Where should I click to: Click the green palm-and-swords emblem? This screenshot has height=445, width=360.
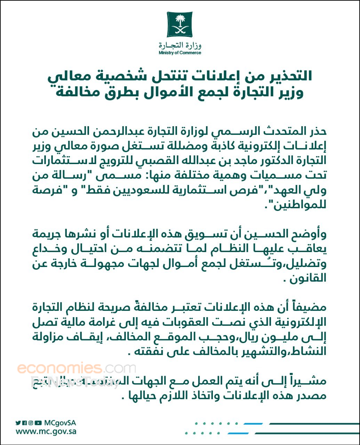pyautogui.click(x=179, y=24)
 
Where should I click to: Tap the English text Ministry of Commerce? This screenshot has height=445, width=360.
pyautogui.click(x=180, y=53)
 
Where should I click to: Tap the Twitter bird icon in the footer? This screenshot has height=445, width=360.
pyautogui.click(x=18, y=423)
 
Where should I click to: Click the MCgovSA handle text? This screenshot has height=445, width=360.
pyautogui.click(x=60, y=423)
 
